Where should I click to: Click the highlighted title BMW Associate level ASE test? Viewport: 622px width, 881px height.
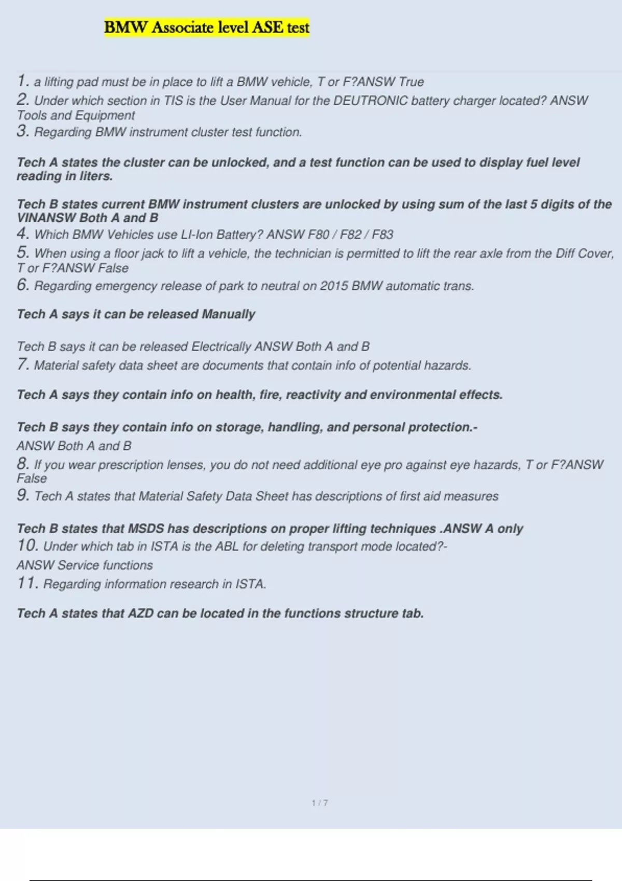pyautogui.click(x=206, y=27)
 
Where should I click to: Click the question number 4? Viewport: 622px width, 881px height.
pyautogui.click(x=22, y=234)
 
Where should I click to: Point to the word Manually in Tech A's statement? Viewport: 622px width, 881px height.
pyautogui.click(x=229, y=314)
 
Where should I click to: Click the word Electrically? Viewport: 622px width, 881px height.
pyautogui.click(x=221, y=347)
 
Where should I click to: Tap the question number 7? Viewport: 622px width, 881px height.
pyautogui.click(x=22, y=364)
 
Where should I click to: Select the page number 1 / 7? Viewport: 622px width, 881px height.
pyautogui.click(x=320, y=803)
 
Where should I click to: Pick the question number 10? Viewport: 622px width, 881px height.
pyautogui.click(x=27, y=546)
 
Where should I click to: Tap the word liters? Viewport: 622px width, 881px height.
pyautogui.click(x=96, y=176)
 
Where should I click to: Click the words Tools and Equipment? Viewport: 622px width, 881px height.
pyautogui.click(x=76, y=116)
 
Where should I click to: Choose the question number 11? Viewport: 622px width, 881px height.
pyautogui.click(x=27, y=584)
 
